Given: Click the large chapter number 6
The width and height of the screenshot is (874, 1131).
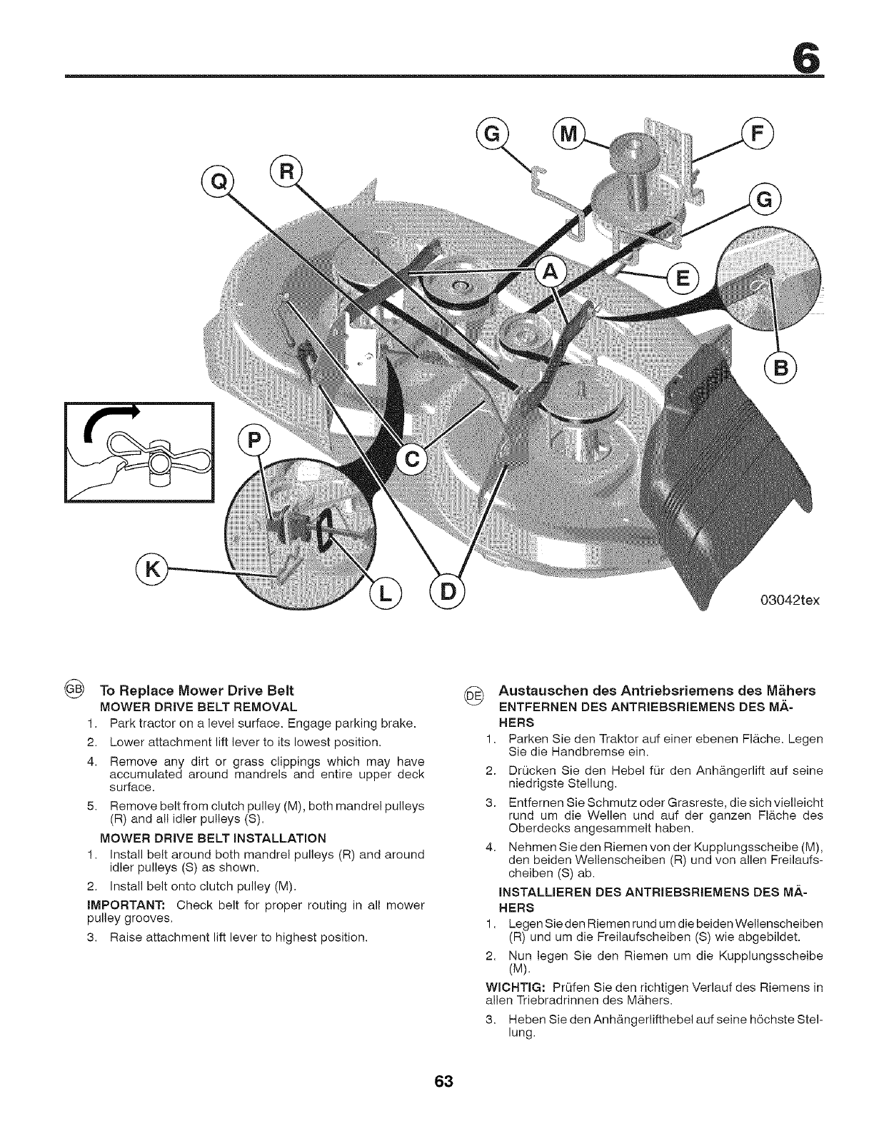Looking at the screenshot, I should click(x=809, y=52).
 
